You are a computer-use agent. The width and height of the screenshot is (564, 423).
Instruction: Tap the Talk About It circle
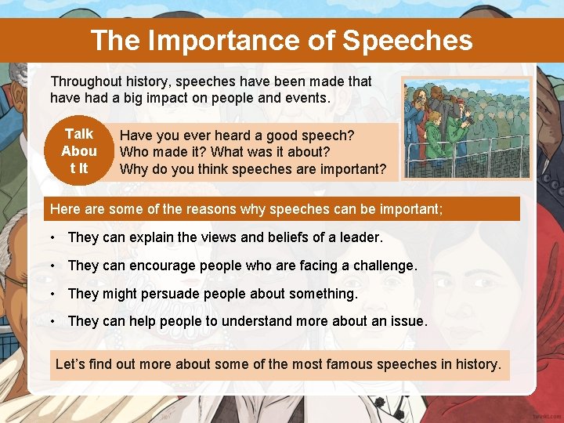[79, 151]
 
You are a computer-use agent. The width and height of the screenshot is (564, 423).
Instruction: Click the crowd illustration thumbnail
[466, 128]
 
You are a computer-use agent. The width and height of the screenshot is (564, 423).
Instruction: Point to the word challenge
[384, 266]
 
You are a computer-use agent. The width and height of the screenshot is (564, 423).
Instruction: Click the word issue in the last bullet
[410, 322]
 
